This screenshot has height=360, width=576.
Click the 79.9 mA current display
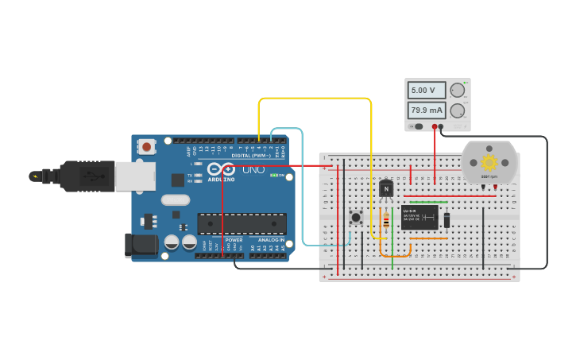coord(427,110)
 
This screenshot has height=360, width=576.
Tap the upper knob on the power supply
coord(458,90)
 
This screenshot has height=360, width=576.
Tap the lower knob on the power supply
coord(458,110)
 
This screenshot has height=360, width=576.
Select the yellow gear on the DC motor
coord(489,163)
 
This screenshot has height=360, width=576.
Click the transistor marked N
coord(386,188)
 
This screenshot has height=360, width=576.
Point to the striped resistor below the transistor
coord(386,220)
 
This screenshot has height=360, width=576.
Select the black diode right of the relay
coord(447,220)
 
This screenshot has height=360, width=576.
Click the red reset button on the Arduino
coord(146,146)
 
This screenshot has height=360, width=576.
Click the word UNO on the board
coord(253,169)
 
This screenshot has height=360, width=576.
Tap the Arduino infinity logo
coord(221,169)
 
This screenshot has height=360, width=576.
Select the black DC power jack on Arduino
coord(141,245)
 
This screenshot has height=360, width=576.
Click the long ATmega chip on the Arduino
coord(242,223)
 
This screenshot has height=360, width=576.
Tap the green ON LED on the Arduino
coord(273,176)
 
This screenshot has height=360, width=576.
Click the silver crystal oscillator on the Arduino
coord(176,199)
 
